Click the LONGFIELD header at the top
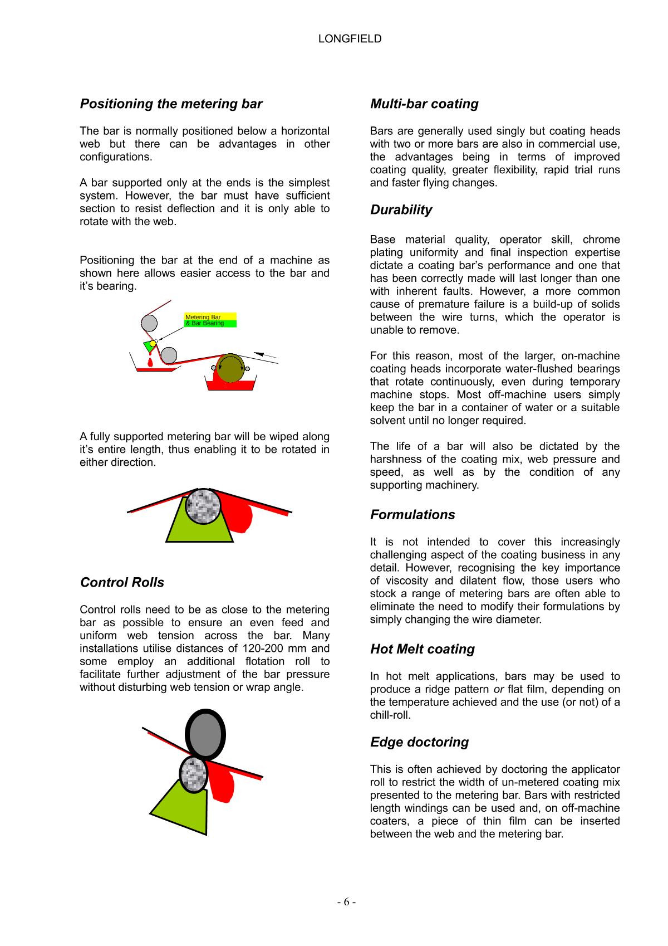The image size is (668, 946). (x=350, y=38)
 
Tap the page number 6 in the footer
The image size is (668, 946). (x=346, y=902)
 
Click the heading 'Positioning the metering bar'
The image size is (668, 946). (x=171, y=104)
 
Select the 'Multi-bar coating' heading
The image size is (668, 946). (x=424, y=104)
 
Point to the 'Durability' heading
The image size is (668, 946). (x=401, y=209)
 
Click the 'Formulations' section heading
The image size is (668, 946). (x=412, y=514)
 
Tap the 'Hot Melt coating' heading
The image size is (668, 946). (x=423, y=648)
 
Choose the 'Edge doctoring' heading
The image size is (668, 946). (x=419, y=742)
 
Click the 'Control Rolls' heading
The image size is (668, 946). (x=122, y=582)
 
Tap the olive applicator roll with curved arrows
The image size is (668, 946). (x=231, y=368)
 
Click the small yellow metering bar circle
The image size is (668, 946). (x=153, y=343)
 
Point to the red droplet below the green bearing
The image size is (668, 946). (x=150, y=363)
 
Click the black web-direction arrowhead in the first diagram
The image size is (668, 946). (x=258, y=353)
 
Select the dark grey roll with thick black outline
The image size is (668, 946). (x=205, y=735)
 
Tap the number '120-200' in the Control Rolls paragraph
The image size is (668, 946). (x=262, y=648)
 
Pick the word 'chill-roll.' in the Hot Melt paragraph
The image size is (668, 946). (x=390, y=715)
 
